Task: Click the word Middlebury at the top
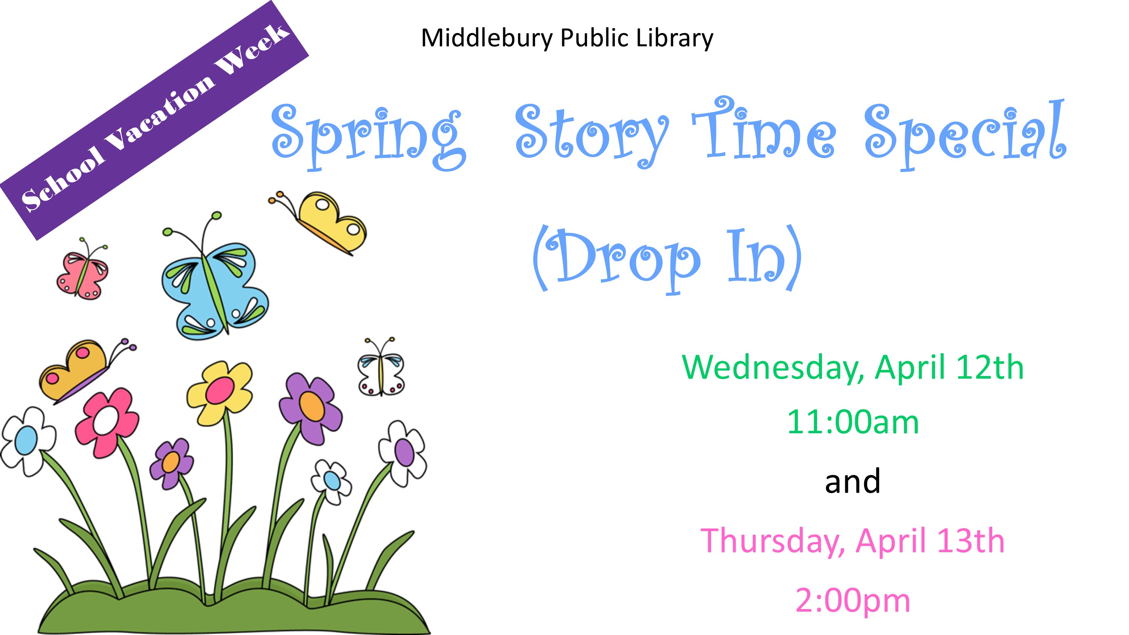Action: (487, 38)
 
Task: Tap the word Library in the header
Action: (674, 38)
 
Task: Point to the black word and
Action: (852, 481)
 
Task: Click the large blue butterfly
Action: (215, 280)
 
